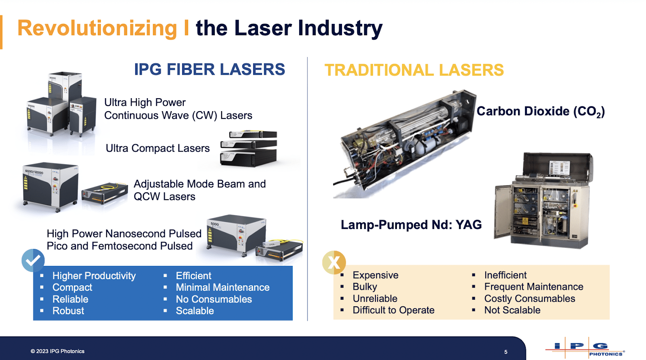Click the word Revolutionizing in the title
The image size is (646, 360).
click(97, 28)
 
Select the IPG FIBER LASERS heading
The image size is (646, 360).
click(209, 69)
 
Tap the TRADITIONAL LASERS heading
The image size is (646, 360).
click(414, 70)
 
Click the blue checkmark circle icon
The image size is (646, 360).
click(33, 260)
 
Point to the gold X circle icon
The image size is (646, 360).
click(334, 263)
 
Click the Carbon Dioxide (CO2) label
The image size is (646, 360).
click(540, 111)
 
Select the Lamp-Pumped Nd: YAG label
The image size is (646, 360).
click(411, 225)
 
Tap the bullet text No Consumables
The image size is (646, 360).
click(214, 299)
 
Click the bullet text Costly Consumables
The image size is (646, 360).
click(529, 299)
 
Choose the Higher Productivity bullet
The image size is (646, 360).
click(94, 276)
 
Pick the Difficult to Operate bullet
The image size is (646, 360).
click(393, 310)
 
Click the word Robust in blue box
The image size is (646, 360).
click(68, 311)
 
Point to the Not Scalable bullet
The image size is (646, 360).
click(512, 310)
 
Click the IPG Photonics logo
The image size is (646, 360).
click(585, 348)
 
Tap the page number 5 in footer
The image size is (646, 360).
click(505, 352)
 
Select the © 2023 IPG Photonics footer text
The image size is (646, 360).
click(57, 351)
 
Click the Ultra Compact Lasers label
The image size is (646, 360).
click(157, 148)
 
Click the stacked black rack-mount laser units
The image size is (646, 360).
click(249, 148)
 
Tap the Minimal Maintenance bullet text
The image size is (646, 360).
click(222, 288)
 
